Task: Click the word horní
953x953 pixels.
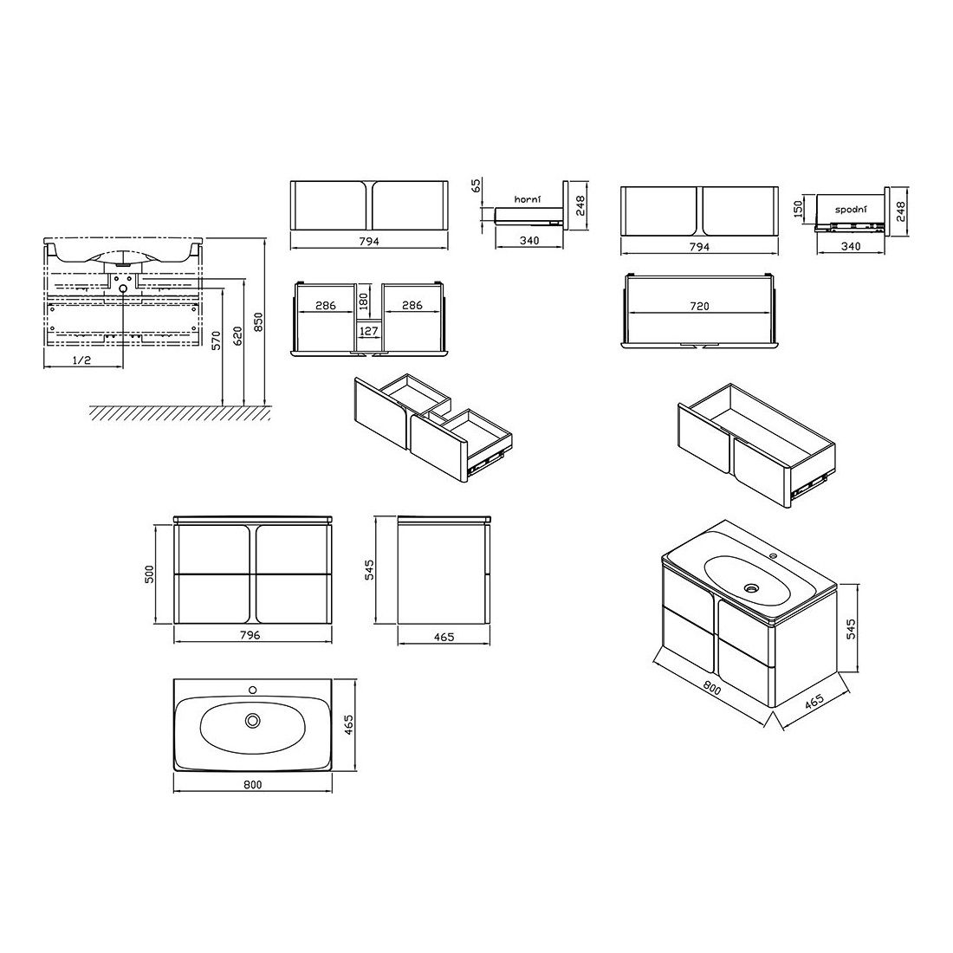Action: tap(527, 199)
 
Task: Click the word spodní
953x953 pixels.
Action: tap(850, 210)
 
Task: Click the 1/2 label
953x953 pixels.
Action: tap(81, 360)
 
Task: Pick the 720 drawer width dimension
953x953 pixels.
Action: tap(699, 307)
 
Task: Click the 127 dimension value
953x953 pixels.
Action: tap(369, 331)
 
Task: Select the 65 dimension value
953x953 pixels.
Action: tap(476, 185)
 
